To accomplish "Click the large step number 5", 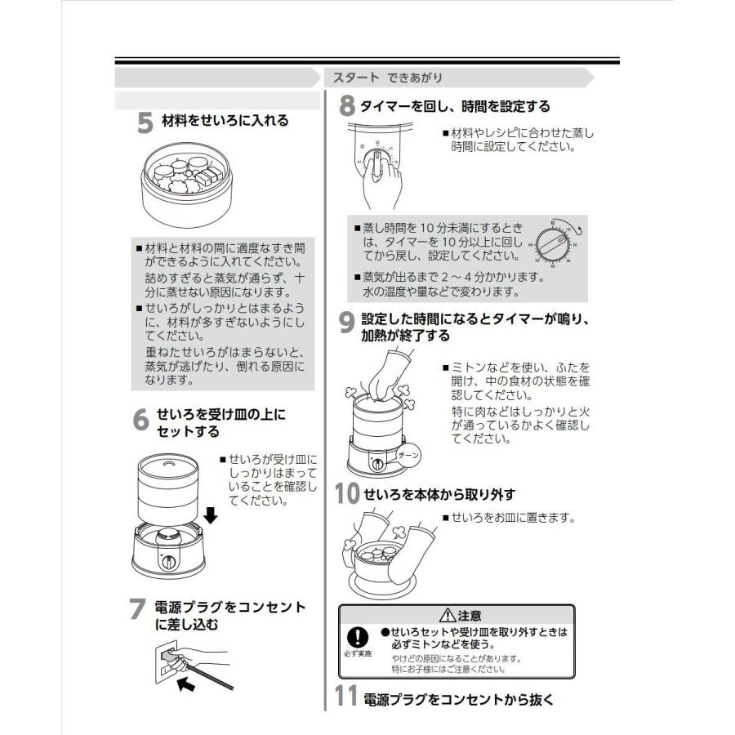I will pos(144,122).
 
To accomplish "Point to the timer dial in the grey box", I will pos(556,244).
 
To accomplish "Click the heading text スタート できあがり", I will pos(388,78).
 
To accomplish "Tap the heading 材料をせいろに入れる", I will pos(225,121).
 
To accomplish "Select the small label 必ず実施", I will pos(358,654).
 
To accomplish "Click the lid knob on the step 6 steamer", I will pos(168,464).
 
